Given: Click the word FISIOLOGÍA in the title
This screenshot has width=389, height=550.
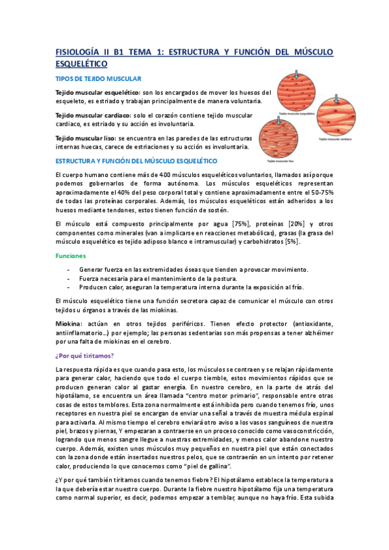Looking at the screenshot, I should tap(77, 52).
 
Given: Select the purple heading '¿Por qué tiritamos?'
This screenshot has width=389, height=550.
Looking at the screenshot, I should tap(84, 354).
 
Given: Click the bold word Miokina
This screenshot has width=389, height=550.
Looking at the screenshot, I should tap(69, 322).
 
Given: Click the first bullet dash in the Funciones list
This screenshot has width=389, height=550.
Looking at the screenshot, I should tap(68, 269).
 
